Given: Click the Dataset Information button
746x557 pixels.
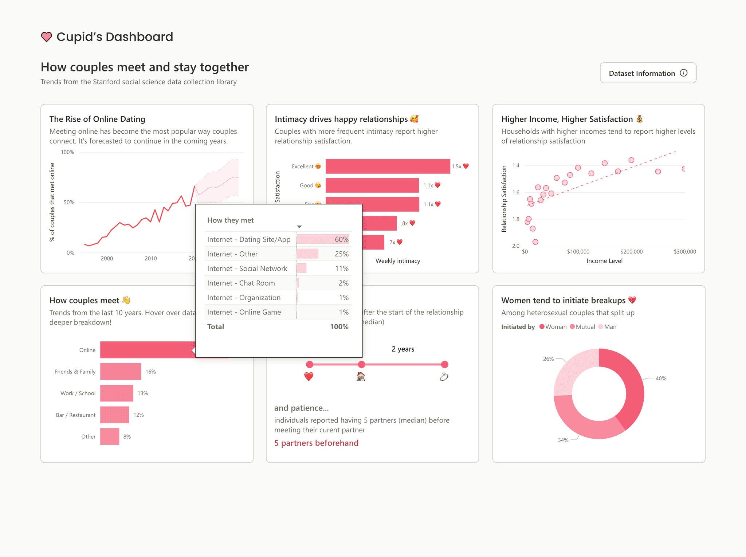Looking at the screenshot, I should (648, 73).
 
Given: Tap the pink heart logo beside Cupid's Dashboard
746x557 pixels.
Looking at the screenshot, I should (46, 37).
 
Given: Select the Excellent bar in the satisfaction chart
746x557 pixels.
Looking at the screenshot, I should (388, 166).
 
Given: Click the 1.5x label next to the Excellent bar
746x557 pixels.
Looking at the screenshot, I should (456, 166).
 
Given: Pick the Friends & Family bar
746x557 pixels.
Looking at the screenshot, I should (121, 372).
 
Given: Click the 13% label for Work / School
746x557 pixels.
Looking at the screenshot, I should (142, 393).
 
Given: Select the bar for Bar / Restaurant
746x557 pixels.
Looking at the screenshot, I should (114, 415).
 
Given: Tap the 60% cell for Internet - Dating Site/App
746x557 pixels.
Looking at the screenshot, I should (341, 239).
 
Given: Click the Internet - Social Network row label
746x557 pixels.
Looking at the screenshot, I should (247, 268).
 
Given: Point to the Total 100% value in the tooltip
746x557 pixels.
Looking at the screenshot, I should (339, 327).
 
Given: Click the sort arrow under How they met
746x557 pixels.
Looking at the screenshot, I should (299, 227).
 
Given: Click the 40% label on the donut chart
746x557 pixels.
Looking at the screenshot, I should (661, 378).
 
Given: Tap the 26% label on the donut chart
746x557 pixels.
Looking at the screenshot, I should (548, 359).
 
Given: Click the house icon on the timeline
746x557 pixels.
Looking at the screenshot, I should (361, 377).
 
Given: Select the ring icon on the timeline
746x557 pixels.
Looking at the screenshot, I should (444, 377).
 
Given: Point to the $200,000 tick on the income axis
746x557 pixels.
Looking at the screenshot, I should (631, 252).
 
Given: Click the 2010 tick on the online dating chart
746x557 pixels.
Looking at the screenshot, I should (151, 259).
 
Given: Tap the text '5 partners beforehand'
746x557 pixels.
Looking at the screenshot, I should (316, 443).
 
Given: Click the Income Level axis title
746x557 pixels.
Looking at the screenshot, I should (604, 261).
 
